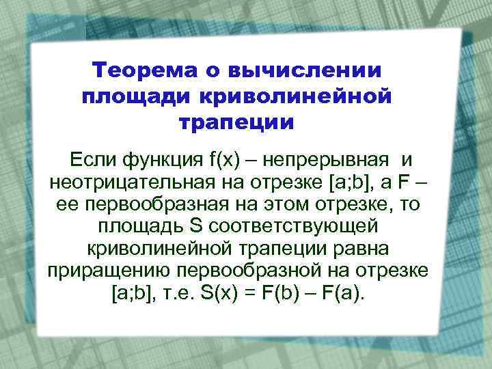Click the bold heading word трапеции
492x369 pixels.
[236, 123]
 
